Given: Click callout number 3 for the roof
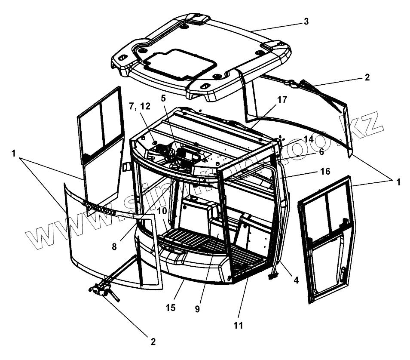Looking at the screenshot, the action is (x=306, y=22).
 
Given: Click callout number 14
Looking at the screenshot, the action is (x=308, y=139).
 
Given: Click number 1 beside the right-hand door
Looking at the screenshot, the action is (x=398, y=182).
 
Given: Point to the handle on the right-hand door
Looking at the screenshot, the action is (x=344, y=272).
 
